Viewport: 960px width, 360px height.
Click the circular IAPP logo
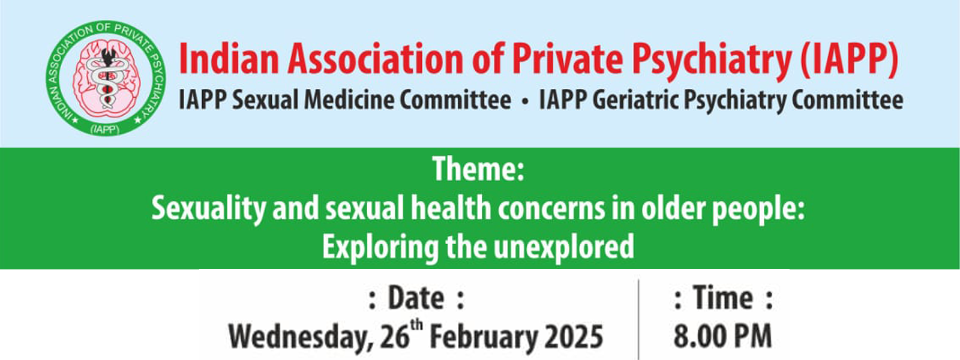pos(106,79)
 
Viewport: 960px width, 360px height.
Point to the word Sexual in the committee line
pos(265,100)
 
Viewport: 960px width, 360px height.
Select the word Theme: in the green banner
pos(478,169)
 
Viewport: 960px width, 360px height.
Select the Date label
pos(416,299)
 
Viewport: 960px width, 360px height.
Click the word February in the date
pos(483,338)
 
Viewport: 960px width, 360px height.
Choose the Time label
pos(723,298)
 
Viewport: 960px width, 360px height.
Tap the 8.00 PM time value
pos(722,336)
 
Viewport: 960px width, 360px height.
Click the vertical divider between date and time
pos(638,320)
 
